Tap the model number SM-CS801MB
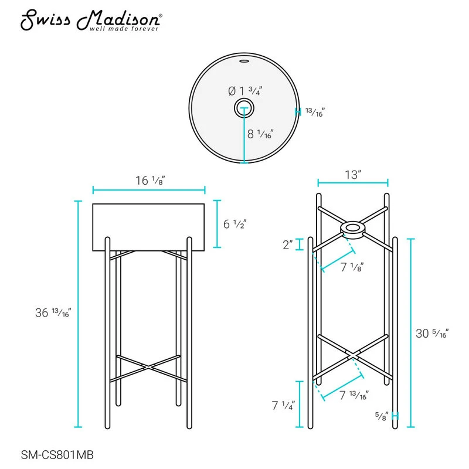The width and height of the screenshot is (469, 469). point(57,455)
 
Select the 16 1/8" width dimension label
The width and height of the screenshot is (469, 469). point(151,181)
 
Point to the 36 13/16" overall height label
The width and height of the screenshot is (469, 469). point(53,312)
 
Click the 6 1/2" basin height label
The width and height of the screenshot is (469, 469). point(235,224)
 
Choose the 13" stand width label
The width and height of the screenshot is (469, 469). point(353,174)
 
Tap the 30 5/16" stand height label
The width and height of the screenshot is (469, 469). point(432,333)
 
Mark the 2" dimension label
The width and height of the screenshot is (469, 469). point(288,244)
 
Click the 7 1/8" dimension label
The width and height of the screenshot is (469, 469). point(352,267)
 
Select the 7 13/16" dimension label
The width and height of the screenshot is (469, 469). point(354,395)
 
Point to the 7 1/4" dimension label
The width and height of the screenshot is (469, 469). point(283,405)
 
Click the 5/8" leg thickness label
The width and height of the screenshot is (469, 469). point(382,416)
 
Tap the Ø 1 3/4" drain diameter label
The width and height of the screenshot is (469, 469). point(245,91)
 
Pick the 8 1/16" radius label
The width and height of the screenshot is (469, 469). point(260,134)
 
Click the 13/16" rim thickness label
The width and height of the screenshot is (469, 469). point(315,112)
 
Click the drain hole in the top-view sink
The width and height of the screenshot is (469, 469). point(244,108)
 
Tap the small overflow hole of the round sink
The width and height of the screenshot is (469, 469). point(244,62)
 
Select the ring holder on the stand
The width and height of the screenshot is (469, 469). point(353,230)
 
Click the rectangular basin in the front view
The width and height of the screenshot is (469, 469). point(148,227)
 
